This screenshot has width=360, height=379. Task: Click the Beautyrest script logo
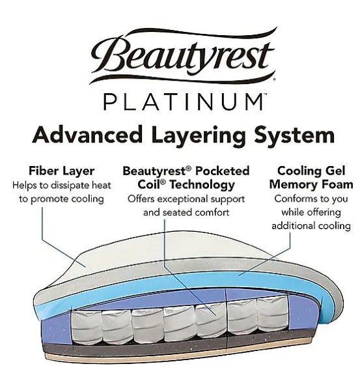[183, 56]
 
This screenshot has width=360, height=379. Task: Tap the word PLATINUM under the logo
[184, 102]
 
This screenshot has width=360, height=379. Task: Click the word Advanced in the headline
[87, 135]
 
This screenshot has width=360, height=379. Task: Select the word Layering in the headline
[199, 136]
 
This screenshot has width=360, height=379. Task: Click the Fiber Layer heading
[62, 171]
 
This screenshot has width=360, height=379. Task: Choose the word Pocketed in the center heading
[222, 171]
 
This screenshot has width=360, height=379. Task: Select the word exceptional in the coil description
[184, 199]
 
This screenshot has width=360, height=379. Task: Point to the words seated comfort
[196, 213]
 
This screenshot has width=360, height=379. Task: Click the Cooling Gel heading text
[311, 171]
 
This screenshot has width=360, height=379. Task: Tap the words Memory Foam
[311, 185]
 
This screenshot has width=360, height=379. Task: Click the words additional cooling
[311, 226]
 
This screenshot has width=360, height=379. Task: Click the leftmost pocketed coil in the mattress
[86, 327]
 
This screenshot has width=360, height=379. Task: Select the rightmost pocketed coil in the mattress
[273, 314]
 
